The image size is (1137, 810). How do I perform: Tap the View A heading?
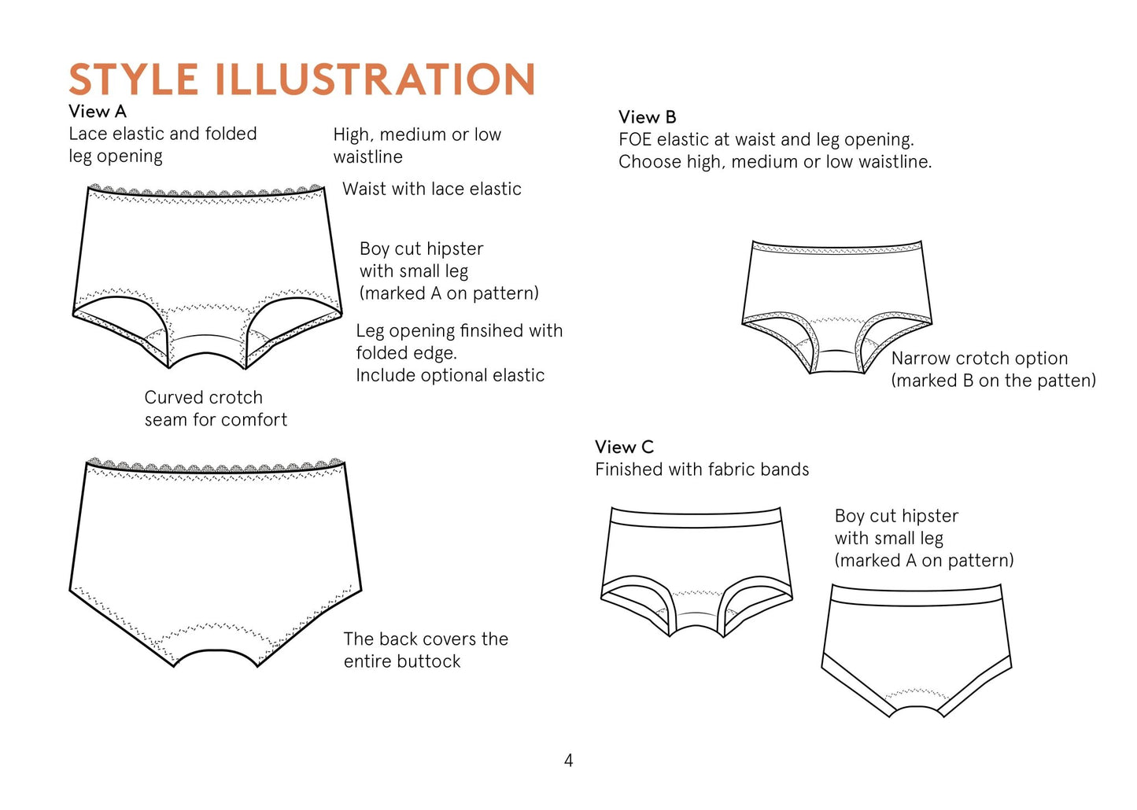click(98, 112)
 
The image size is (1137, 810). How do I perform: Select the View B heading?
click(648, 117)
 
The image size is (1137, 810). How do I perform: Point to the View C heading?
click(624, 447)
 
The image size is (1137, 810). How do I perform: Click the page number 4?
click(568, 760)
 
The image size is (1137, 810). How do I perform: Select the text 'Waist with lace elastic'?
click(432, 190)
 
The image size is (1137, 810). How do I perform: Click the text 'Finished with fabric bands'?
click(702, 469)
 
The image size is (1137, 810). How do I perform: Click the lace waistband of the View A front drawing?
click(205, 191)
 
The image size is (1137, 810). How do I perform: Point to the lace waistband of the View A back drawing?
click(215, 465)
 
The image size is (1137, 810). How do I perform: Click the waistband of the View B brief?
click(836, 247)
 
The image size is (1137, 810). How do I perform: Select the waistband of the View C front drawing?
click(696, 515)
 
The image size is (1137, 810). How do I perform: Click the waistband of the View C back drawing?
click(917, 593)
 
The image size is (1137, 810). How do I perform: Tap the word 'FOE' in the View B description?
click(635, 140)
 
